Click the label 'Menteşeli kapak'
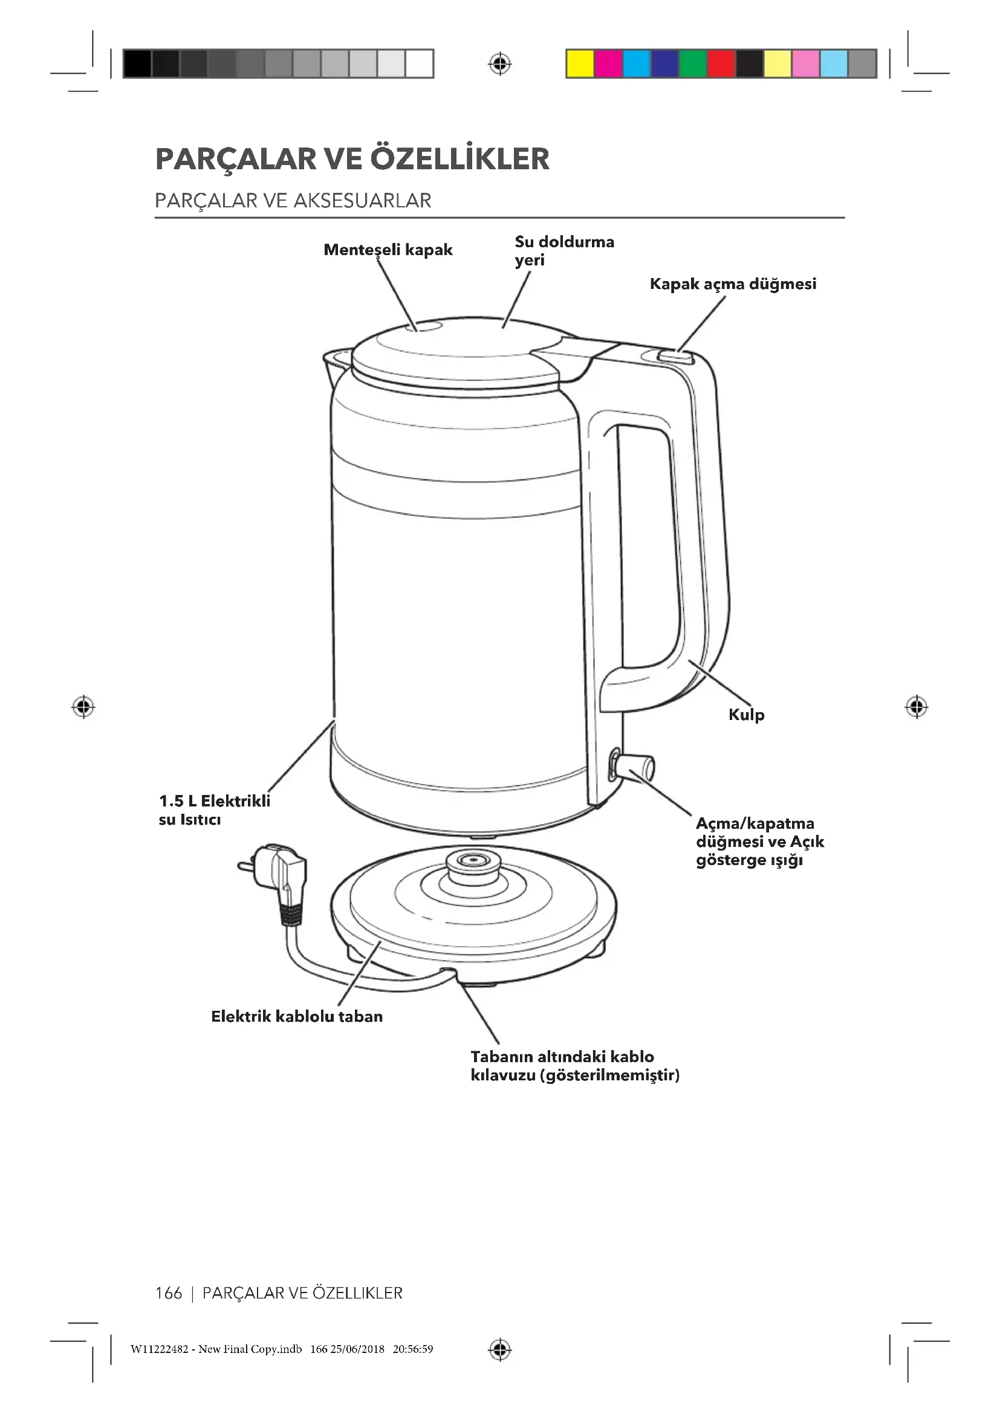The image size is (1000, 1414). (388, 250)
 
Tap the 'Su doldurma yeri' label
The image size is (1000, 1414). (563, 250)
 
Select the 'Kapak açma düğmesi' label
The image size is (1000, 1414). (733, 284)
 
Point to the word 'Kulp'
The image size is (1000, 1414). (746, 715)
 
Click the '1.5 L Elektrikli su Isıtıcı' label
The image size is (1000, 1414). (214, 810)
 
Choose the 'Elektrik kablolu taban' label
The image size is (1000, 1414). (297, 1016)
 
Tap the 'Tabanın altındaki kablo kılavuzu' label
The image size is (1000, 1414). (574, 1065)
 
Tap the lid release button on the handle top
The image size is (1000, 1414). (675, 356)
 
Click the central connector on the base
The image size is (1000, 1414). (472, 863)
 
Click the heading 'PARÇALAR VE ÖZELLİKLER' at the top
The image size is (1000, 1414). (352, 158)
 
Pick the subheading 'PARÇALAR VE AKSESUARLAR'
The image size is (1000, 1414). (293, 201)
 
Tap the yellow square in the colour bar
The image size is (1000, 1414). (579, 64)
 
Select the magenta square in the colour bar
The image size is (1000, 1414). (608, 64)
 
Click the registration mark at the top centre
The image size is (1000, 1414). (500, 64)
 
